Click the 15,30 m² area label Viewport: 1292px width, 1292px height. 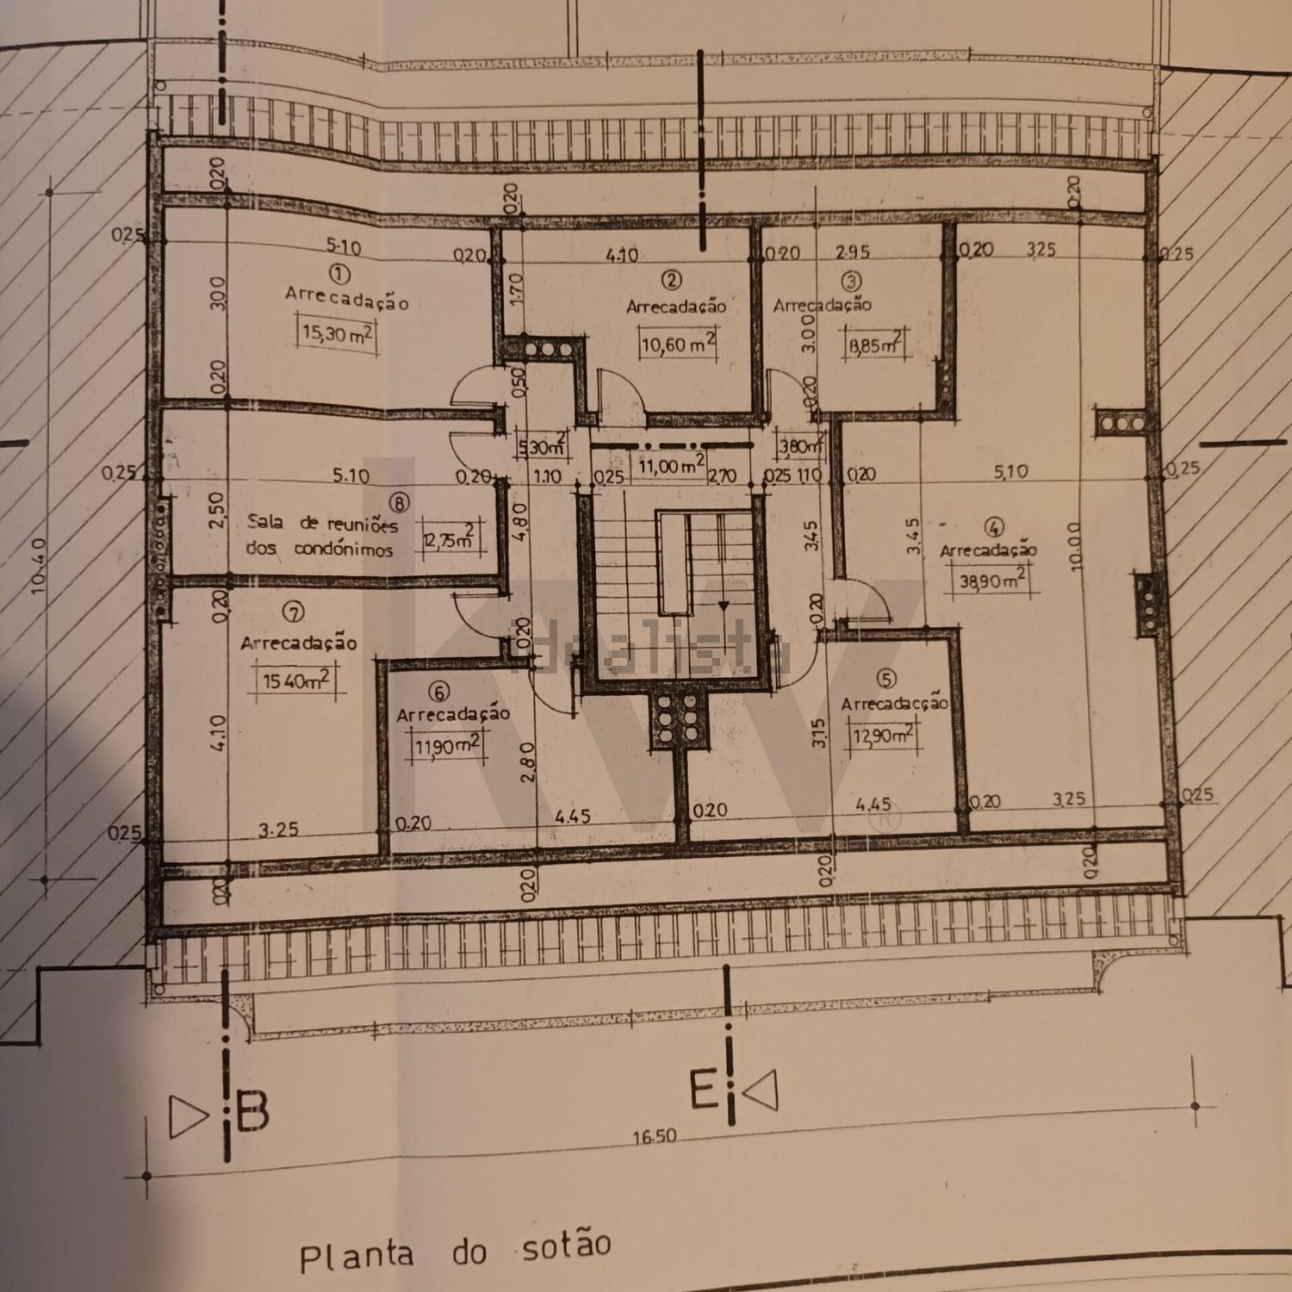337,332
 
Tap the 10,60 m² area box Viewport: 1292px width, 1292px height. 678,345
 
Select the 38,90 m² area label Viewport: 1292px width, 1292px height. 992,581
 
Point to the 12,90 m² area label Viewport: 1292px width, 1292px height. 882,736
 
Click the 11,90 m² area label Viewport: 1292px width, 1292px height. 448,745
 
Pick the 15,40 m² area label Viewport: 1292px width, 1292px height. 296,680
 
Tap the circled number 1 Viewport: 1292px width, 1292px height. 339,274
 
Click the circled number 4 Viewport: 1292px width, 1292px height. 994,527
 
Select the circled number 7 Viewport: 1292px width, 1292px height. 294,612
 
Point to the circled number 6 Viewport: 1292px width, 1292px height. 439,693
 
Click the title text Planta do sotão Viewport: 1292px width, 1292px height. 455,1252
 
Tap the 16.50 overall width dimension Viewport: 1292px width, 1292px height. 655,1137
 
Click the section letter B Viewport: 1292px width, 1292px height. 252,1111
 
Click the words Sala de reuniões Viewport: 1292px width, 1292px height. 322,523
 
